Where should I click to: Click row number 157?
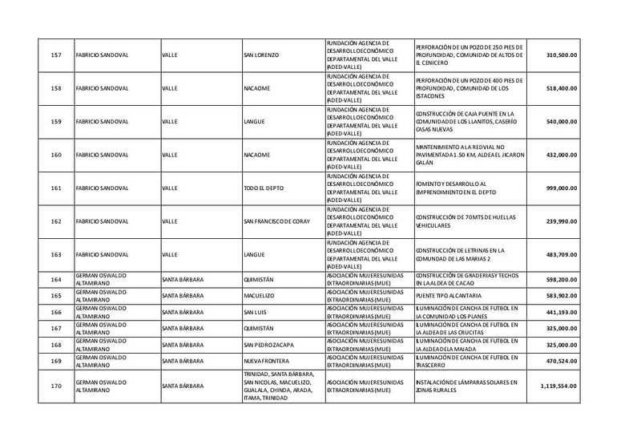(56, 55)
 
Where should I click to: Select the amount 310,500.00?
(561, 55)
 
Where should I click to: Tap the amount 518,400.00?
(561, 88)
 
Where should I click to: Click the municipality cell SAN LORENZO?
(260, 55)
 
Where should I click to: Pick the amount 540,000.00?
(561, 121)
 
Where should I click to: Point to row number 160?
(56, 155)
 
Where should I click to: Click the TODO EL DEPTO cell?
(263, 188)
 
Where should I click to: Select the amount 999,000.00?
(561, 188)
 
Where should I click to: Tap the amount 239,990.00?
(561, 221)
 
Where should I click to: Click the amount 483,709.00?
(561, 254)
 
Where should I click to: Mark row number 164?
(56, 280)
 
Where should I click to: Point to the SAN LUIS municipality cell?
(256, 312)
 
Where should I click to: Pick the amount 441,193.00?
(561, 312)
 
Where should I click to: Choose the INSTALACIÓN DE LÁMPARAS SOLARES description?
(467, 386)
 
